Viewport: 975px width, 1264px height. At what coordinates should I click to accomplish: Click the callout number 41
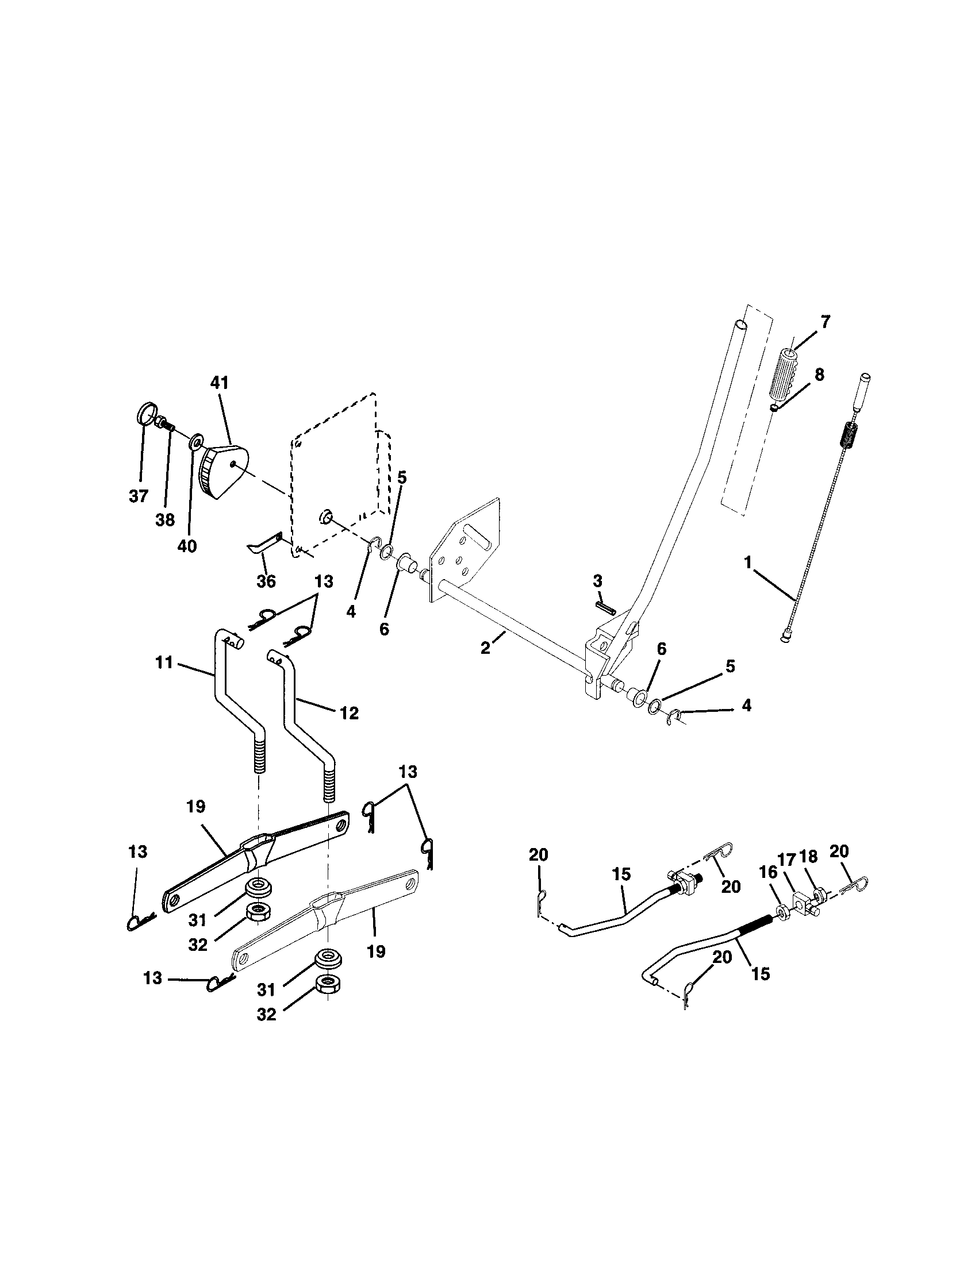(220, 383)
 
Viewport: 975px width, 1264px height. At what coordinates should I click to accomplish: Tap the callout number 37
(139, 496)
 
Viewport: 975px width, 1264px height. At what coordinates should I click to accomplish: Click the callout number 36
(266, 581)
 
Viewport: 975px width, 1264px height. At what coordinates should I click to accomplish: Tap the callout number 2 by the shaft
(485, 649)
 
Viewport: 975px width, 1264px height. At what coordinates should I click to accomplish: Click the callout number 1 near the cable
(748, 562)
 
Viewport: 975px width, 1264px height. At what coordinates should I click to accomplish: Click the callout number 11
(164, 662)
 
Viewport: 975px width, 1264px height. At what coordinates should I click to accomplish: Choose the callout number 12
(349, 713)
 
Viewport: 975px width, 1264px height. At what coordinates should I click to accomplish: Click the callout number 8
(819, 375)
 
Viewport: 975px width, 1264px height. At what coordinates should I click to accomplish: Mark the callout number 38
(165, 520)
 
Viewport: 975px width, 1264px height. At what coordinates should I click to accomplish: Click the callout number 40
(187, 546)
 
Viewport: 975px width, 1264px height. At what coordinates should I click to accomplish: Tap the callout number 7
(825, 322)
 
